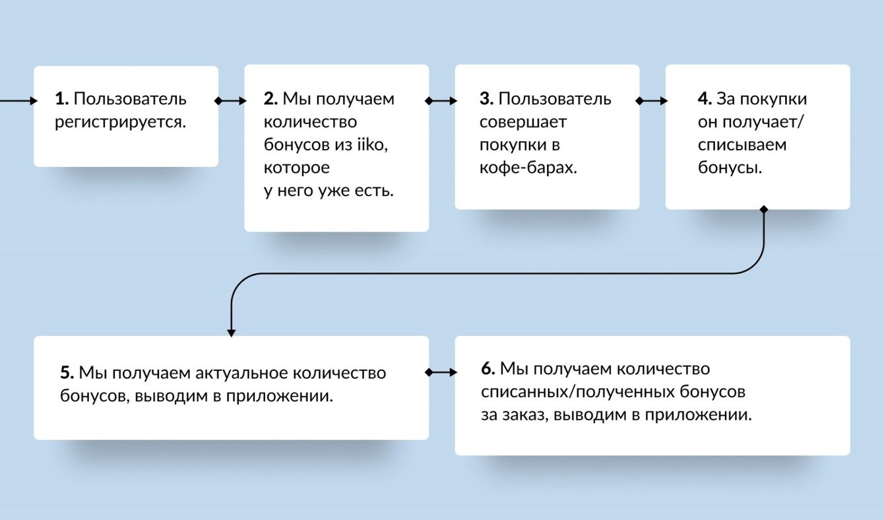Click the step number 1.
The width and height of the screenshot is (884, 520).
click(61, 100)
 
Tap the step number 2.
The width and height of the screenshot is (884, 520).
click(270, 99)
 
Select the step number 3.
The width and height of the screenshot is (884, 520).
click(486, 99)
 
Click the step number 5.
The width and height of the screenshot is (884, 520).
click(67, 373)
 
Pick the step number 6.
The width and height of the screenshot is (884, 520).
click(488, 368)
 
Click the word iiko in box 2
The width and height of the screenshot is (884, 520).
click(369, 145)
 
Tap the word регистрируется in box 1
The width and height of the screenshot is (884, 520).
click(117, 122)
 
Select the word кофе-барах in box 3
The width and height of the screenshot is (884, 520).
click(528, 168)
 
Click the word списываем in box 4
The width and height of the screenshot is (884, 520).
click(742, 145)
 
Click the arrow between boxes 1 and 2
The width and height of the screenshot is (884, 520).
click(231, 101)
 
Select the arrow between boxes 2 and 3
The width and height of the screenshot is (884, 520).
click(441, 101)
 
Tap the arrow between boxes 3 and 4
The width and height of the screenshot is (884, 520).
click(652, 101)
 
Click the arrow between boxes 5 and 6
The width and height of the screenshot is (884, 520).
click(441, 372)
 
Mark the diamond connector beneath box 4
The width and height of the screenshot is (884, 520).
click(764, 210)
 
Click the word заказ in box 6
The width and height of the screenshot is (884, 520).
click(524, 416)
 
